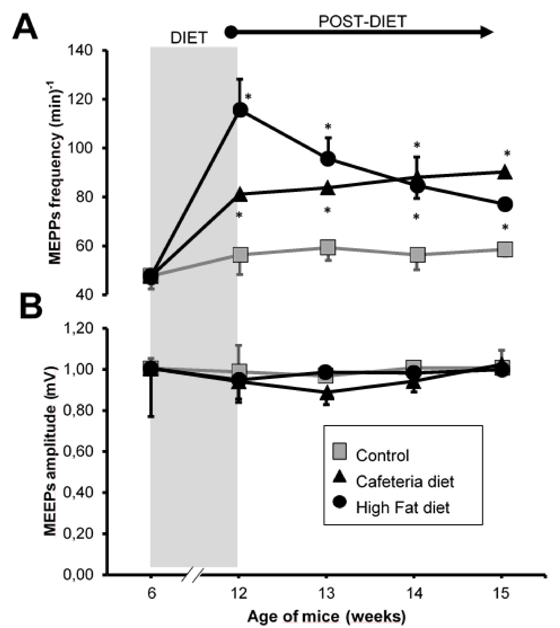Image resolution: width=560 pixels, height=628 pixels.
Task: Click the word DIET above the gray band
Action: (x=189, y=38)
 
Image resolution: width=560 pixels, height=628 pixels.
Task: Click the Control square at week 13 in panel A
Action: (x=327, y=247)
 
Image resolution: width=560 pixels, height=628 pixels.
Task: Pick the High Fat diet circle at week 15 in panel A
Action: (x=505, y=204)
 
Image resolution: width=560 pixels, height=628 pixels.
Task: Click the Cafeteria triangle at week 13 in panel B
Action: (x=327, y=394)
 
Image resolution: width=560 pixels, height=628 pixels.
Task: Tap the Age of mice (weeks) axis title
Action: (x=326, y=616)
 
